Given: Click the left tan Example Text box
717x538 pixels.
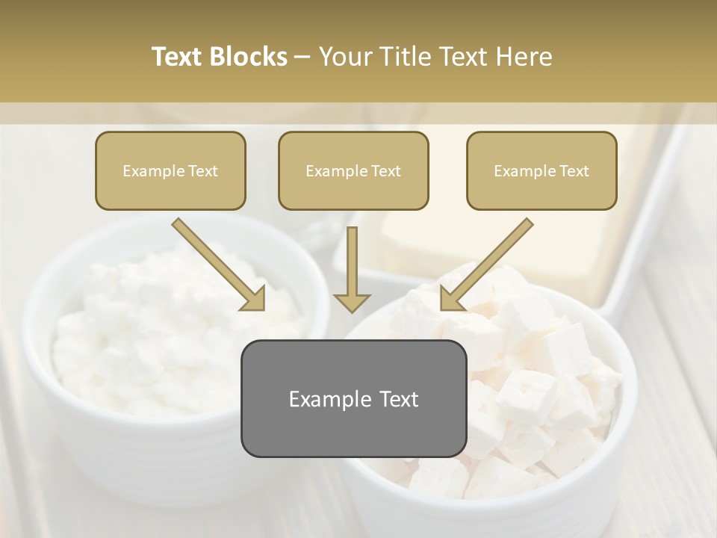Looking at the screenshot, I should point(170,170).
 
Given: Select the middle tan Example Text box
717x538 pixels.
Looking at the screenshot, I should point(353,170).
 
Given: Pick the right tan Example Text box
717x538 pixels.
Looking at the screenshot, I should point(541,170).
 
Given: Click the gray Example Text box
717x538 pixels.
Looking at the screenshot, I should point(353,398).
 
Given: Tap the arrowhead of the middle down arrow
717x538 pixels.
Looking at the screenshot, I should point(352,302).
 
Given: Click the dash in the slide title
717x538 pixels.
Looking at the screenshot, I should point(302,58).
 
